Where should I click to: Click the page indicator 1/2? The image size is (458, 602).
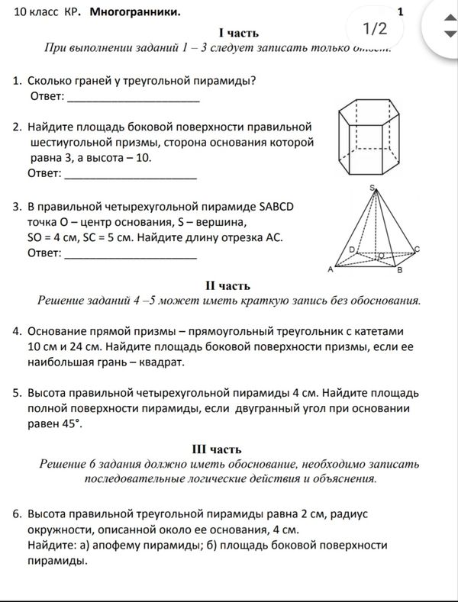375,29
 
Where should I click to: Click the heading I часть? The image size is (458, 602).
238,33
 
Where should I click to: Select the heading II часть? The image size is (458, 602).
227,286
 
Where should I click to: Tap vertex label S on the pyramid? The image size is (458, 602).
372,188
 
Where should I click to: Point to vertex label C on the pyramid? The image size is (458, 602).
417,249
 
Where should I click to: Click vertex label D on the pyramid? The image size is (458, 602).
351,249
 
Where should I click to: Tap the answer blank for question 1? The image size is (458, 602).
134,97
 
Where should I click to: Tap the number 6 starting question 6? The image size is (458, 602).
16,515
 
